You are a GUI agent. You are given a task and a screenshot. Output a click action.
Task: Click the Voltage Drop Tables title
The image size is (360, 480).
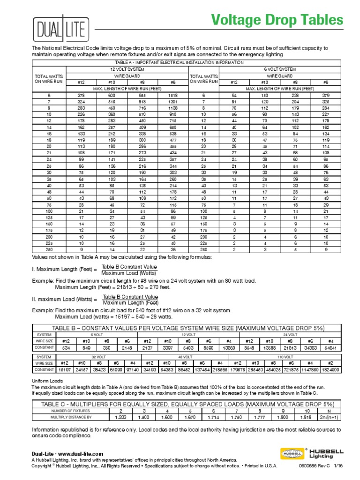coord(277,20)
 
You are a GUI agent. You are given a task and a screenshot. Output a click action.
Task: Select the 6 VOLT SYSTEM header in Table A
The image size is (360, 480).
coord(280,69)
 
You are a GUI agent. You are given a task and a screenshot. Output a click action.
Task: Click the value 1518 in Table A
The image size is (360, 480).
coord(172,95)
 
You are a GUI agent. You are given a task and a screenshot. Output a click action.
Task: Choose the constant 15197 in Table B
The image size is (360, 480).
coord(65,370)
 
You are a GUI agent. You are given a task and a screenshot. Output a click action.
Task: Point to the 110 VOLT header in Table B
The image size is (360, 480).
coord(283,356)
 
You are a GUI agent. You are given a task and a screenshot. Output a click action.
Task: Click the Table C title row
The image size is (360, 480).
coord(188,404)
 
